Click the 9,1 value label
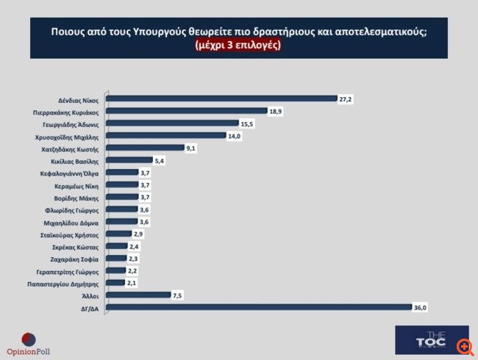(191, 148)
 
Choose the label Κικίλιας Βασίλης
(76, 160)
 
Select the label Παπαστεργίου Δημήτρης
(67, 282)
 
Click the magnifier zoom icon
(463, 345)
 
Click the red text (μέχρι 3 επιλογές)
(238, 46)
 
